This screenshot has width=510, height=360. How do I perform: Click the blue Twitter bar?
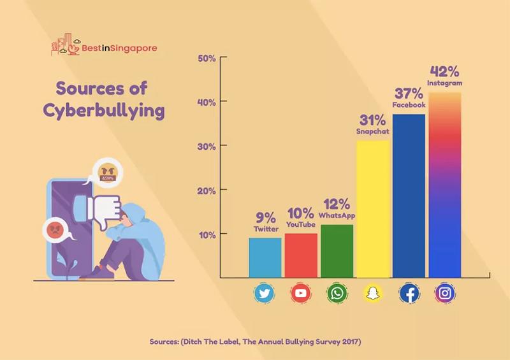pyautogui.click(x=265, y=257)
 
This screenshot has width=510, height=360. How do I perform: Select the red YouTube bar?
pyautogui.click(x=301, y=256)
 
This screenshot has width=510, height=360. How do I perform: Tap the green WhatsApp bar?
pyautogui.click(x=337, y=251)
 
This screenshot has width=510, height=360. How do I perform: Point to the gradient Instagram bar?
pyautogui.click(x=445, y=185)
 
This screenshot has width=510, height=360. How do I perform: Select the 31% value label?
pyautogui.click(x=372, y=120)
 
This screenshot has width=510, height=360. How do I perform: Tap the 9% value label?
pyautogui.click(x=265, y=216)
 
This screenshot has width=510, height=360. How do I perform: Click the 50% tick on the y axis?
pyautogui.click(x=208, y=59)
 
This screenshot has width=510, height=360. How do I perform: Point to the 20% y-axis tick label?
pyautogui.click(x=208, y=191)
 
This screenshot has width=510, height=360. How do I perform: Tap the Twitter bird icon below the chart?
pyautogui.click(x=265, y=294)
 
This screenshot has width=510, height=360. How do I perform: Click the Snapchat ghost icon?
pyautogui.click(x=373, y=294)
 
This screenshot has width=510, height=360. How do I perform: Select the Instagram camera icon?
pyautogui.click(x=445, y=294)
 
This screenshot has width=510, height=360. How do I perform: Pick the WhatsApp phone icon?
pyautogui.click(x=337, y=294)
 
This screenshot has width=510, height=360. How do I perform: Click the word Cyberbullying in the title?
pyautogui.click(x=104, y=110)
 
